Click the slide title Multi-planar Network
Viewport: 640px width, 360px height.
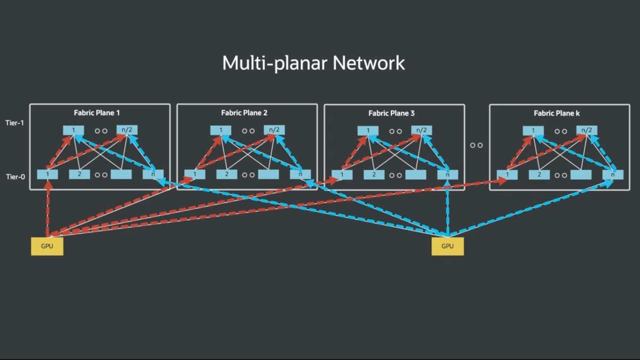click(314, 63)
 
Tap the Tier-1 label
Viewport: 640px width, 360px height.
click(15, 123)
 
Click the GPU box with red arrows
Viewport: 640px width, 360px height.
click(47, 246)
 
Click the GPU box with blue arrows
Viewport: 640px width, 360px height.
click(447, 246)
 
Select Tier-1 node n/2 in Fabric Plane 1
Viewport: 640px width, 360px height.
click(127, 130)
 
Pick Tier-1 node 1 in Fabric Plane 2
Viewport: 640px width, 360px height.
click(220, 130)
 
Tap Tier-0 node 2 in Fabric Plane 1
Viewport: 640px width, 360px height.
click(79, 174)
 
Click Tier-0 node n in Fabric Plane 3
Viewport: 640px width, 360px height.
click(447, 174)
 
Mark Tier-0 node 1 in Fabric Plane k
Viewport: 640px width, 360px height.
click(507, 174)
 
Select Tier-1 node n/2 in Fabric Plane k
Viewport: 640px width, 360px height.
click(587, 130)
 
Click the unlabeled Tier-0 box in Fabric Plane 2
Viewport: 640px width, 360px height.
click(268, 174)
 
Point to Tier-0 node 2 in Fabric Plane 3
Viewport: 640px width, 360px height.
click(374, 174)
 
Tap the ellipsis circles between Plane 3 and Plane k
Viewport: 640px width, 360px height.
click(476, 145)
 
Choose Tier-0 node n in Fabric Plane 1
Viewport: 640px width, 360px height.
click(153, 174)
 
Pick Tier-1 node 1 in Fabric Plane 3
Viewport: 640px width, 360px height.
click(368, 130)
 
